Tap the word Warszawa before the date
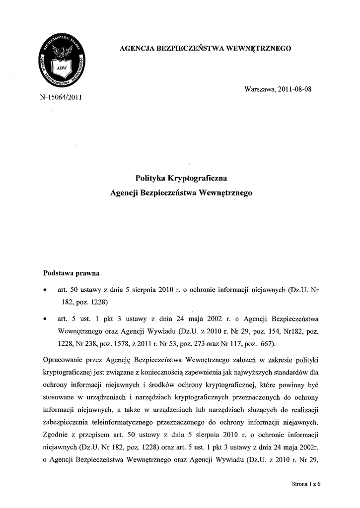[x=258, y=89]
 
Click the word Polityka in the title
[x=150, y=177]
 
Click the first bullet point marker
[x=46, y=288]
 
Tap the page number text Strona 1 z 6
[x=307, y=486]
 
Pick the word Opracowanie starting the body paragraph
[x=63, y=359]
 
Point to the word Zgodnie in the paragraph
[x=56, y=436]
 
